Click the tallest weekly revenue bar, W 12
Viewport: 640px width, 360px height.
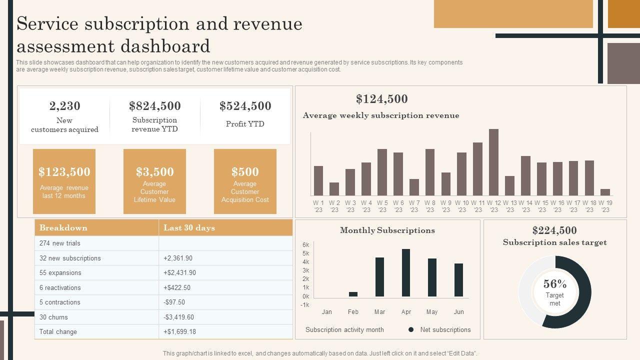coord(493,162)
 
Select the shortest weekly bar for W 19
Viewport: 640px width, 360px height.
coord(605,192)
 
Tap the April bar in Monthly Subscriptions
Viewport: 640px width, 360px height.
coord(406,273)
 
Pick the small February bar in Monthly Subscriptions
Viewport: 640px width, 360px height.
coord(353,294)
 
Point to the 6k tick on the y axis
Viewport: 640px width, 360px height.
coord(306,245)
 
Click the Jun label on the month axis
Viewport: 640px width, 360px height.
coord(458,312)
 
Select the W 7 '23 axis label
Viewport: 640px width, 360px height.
coord(414,206)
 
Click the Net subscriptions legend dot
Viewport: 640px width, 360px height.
coord(411,329)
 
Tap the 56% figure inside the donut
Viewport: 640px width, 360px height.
coord(555,284)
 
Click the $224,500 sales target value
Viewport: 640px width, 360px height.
coord(554,230)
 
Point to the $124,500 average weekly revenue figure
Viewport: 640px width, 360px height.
coord(382,99)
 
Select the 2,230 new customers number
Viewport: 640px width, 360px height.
coord(64,106)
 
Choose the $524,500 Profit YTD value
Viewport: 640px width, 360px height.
coord(245,106)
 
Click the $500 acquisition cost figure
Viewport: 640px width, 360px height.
coord(245,172)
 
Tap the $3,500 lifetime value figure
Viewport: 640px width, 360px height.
coord(154,172)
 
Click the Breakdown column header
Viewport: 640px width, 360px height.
coord(63,228)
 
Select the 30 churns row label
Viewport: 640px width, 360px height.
coord(53,317)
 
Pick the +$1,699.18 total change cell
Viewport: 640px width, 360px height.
coord(179,331)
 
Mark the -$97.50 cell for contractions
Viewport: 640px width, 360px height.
coord(174,302)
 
